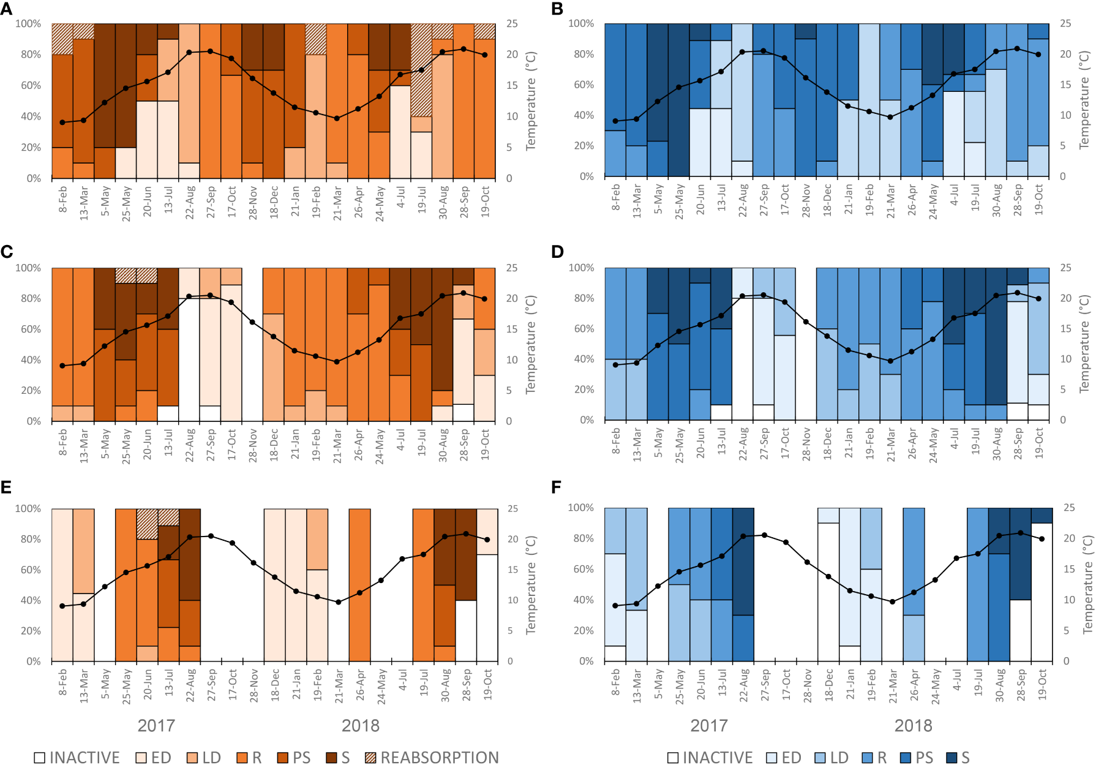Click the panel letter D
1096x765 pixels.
pyautogui.click(x=557, y=252)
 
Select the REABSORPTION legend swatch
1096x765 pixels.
pyautogui.click(x=370, y=758)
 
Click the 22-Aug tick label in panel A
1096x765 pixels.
pyautogui.click(x=190, y=202)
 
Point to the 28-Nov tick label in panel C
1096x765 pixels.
pyautogui.click(x=253, y=445)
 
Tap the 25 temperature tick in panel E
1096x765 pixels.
pyautogui.click(x=512, y=508)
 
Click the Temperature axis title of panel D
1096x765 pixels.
pyautogui.click(x=1084, y=344)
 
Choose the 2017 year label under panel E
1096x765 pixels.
pyautogui.click(x=156, y=726)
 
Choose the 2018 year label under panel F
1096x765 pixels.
pyautogui.click(x=913, y=726)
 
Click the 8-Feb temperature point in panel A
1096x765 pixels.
pyautogui.click(x=62, y=122)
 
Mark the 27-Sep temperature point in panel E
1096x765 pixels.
pyautogui.click(x=211, y=536)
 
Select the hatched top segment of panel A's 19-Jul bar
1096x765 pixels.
pyautogui.click(x=421, y=70)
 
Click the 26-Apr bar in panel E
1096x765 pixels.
pyautogui.click(x=359, y=585)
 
